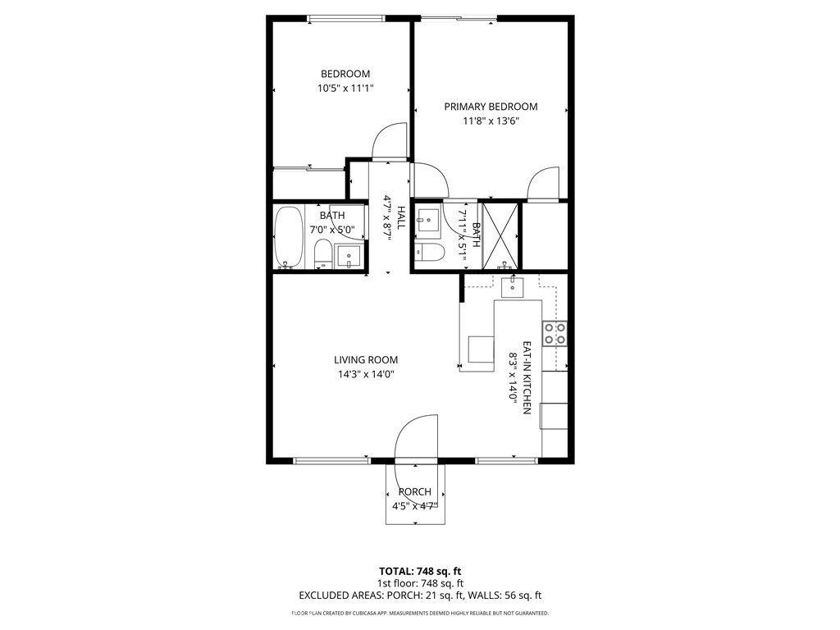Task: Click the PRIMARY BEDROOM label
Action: (491, 107)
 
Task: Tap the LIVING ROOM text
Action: (366, 359)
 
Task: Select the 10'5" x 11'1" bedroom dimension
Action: (345, 89)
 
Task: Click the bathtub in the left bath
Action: (288, 238)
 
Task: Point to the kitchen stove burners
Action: (555, 333)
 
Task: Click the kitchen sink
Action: (513, 285)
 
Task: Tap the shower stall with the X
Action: (500, 235)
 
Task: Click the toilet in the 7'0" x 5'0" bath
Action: (323, 254)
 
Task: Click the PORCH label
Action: (415, 492)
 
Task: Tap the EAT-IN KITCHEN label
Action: (527, 377)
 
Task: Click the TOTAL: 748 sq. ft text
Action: (420, 571)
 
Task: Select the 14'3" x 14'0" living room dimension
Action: (366, 374)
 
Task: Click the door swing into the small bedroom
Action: (389, 141)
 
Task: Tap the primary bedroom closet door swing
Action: (543, 184)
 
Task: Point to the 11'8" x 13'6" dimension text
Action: (491, 121)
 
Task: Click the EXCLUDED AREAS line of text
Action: (420, 596)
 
